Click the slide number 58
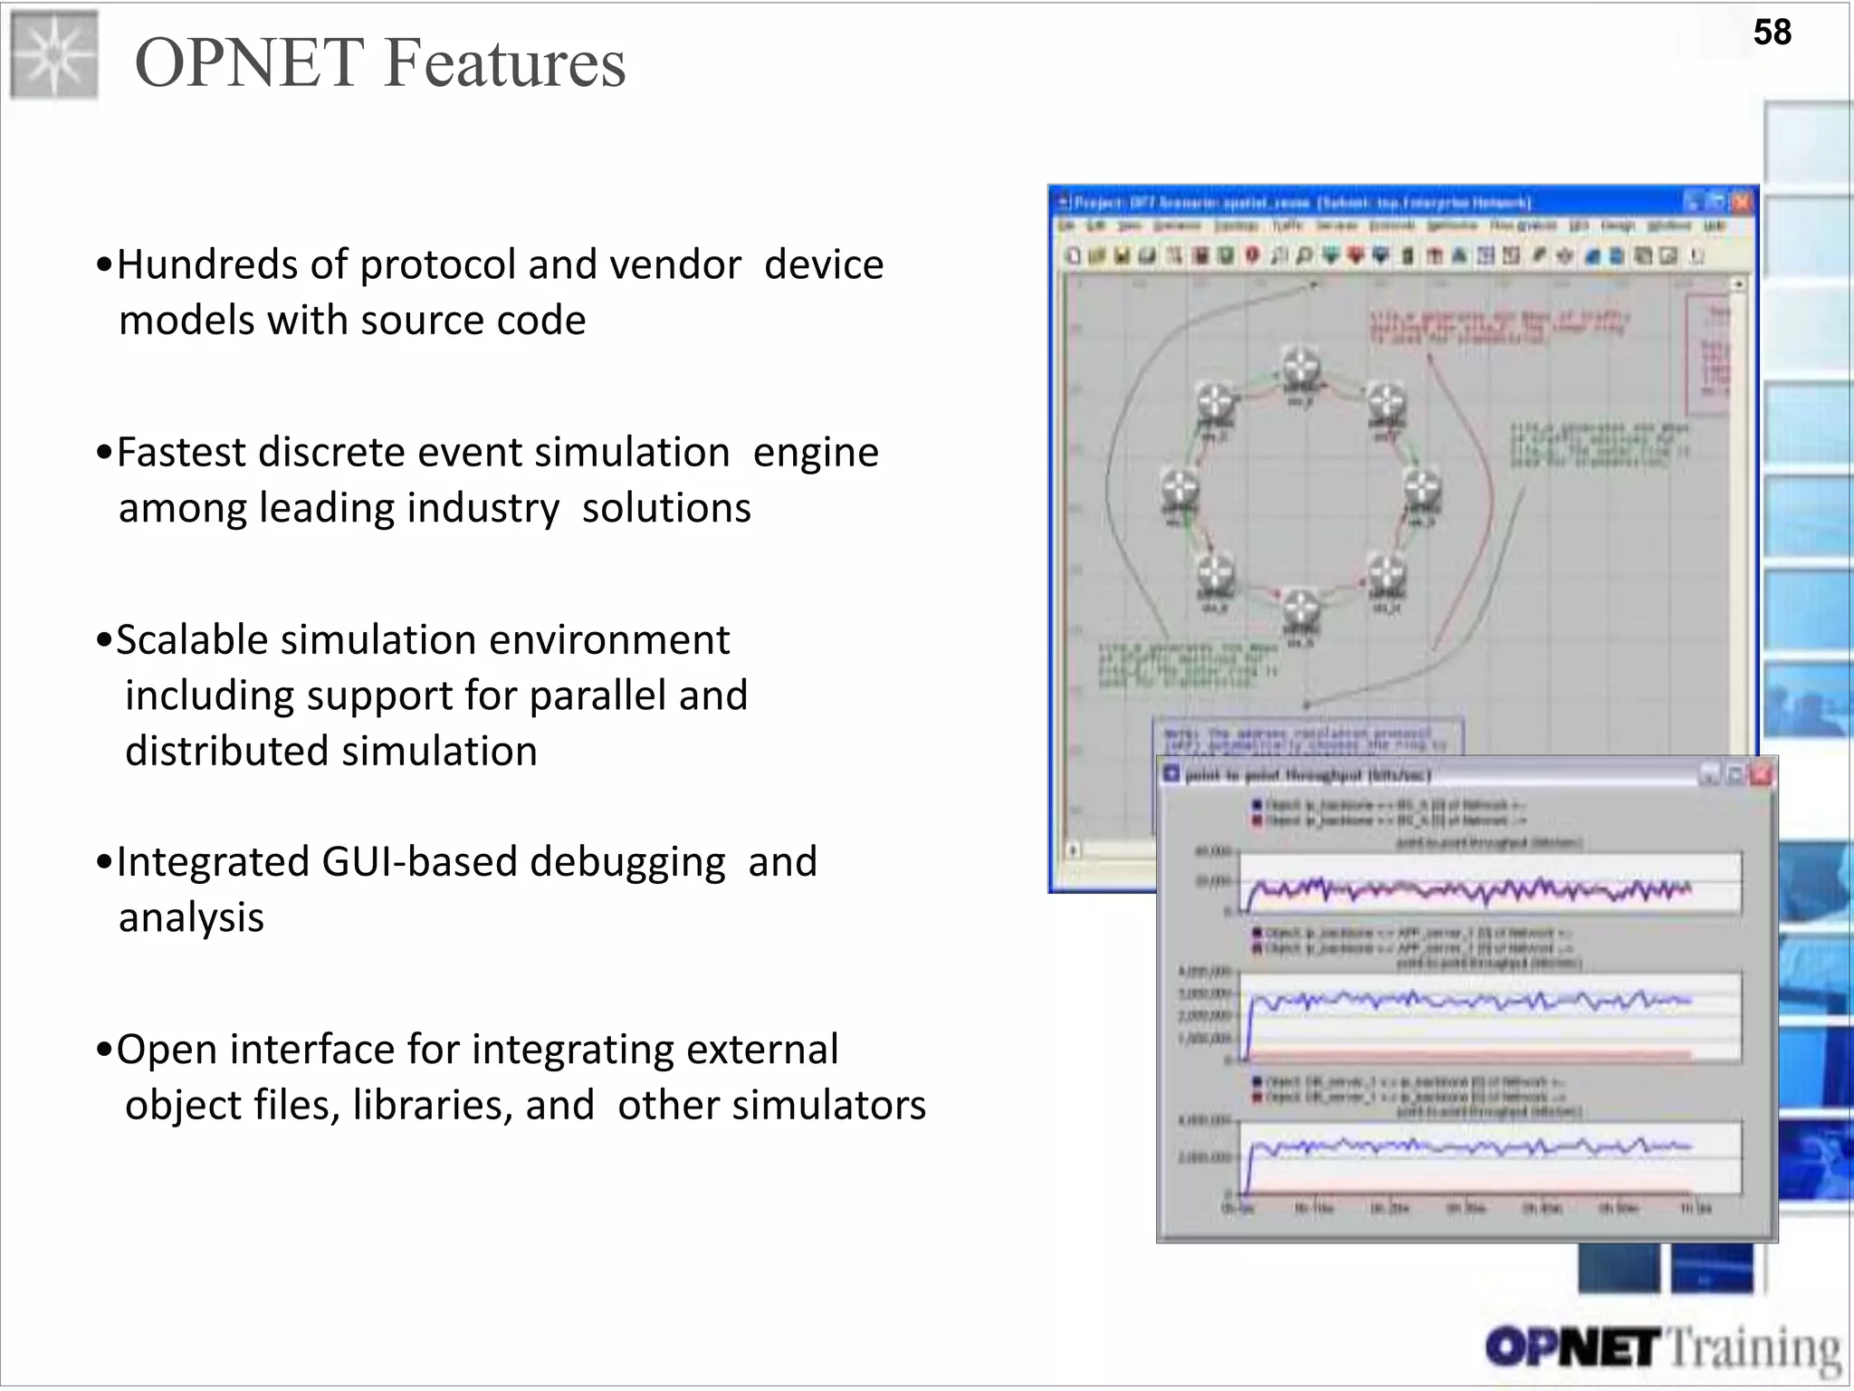click(x=1772, y=33)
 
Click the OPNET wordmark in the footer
click(x=1573, y=1348)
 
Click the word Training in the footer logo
click(x=1753, y=1348)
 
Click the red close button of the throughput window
click(x=1761, y=774)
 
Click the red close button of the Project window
click(x=1743, y=202)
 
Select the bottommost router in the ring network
click(x=1301, y=610)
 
